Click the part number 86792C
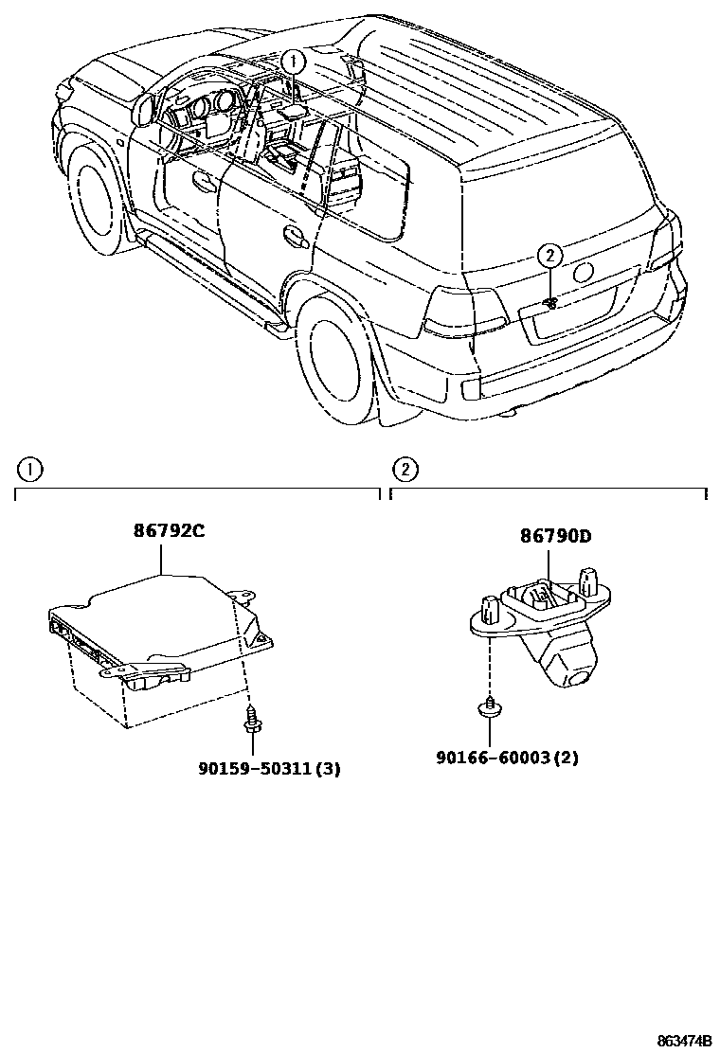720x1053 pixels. point(168,531)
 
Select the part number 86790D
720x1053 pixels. point(554,536)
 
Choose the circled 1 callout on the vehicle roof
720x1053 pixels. point(294,62)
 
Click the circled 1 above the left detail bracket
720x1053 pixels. point(29,468)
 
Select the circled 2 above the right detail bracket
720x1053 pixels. point(405,468)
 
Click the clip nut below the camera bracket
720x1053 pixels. point(491,709)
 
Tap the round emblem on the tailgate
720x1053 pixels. point(584,272)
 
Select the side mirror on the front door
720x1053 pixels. point(145,110)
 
